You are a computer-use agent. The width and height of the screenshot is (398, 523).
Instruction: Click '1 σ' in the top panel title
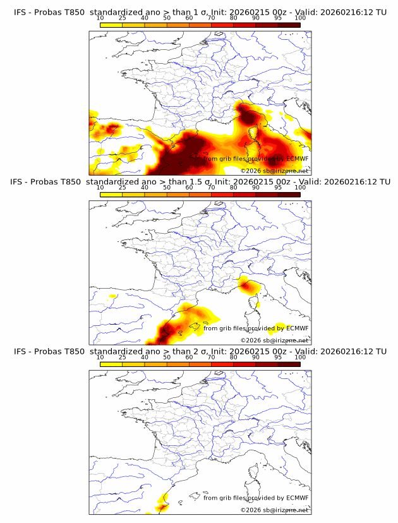tap(200, 12)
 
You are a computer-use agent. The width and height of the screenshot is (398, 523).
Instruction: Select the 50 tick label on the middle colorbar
tap(167, 188)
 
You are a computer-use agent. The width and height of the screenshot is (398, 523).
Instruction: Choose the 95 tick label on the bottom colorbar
tap(278, 357)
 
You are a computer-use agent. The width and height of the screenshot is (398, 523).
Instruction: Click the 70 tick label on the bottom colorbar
tap(211, 357)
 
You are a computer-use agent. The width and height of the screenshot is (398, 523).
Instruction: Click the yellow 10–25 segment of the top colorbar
tap(111, 25)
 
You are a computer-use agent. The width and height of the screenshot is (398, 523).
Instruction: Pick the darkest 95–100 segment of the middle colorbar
tap(289, 195)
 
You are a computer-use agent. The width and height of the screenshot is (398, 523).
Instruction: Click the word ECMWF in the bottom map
tap(297, 498)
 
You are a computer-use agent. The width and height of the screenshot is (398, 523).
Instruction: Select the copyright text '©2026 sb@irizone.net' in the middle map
tap(274, 340)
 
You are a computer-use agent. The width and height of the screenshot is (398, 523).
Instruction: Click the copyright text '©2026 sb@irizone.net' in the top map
tap(274, 171)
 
